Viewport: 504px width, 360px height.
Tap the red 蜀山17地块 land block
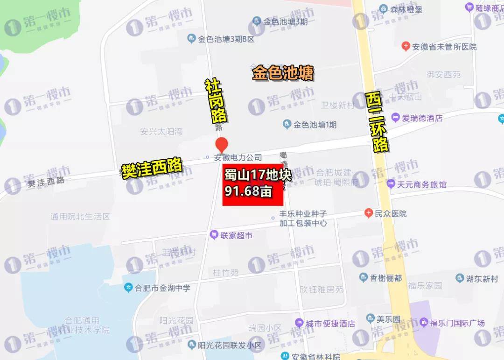[253, 185]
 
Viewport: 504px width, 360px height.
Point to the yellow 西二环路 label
[377, 122]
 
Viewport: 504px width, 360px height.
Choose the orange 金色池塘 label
[283, 73]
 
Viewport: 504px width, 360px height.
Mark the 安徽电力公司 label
[237, 158]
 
